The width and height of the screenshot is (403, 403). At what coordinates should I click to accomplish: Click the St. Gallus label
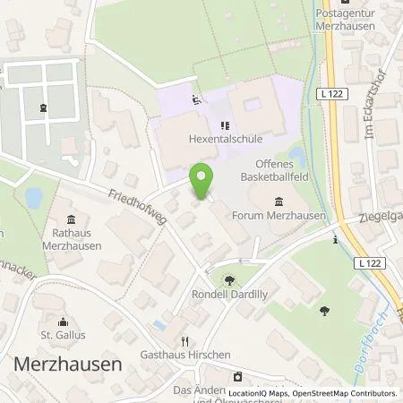click(63, 337)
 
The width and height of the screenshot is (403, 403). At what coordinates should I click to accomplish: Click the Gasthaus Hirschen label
click(184, 355)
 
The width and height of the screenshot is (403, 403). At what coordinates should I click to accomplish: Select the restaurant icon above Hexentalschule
click(224, 128)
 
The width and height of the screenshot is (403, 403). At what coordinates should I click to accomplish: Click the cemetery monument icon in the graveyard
click(42, 109)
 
